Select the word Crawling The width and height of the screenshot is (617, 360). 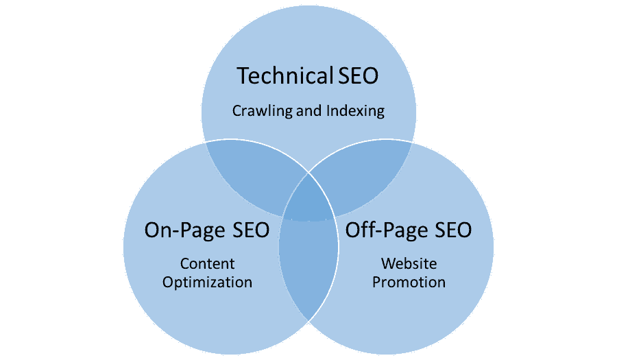pyautogui.click(x=263, y=110)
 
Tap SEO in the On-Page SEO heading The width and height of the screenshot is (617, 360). pyautogui.click(x=246, y=230)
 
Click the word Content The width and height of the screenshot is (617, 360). pyautogui.click(x=208, y=263)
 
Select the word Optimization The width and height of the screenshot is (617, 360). pyautogui.click(x=208, y=282)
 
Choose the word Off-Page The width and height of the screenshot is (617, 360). pyautogui.click(x=385, y=230)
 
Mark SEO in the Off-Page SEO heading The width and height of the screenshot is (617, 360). pyautogui.click(x=449, y=230)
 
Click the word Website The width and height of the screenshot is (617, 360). pyautogui.click(x=409, y=263)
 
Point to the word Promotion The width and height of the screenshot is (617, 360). pyautogui.click(x=409, y=282)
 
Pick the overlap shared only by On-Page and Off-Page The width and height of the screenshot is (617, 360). pyautogui.click(x=308, y=274)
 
